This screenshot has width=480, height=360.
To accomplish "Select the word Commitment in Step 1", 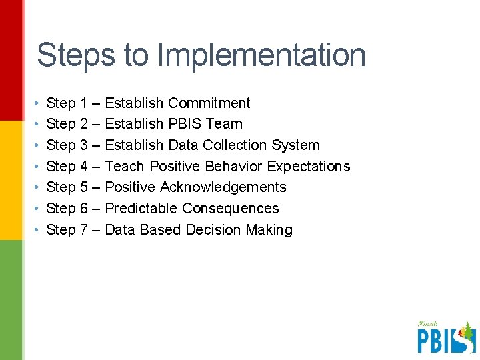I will [x=209, y=103].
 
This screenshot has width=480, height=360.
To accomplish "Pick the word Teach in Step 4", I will [x=125, y=167].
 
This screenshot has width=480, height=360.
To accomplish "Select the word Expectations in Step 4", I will [x=308, y=167].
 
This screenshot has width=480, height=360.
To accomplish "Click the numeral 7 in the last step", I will [x=84, y=230].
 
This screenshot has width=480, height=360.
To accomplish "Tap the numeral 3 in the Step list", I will [x=84, y=145].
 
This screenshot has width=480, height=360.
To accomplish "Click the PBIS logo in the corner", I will [x=446, y=337].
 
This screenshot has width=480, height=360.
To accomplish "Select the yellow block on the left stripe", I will [x=11, y=180].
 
